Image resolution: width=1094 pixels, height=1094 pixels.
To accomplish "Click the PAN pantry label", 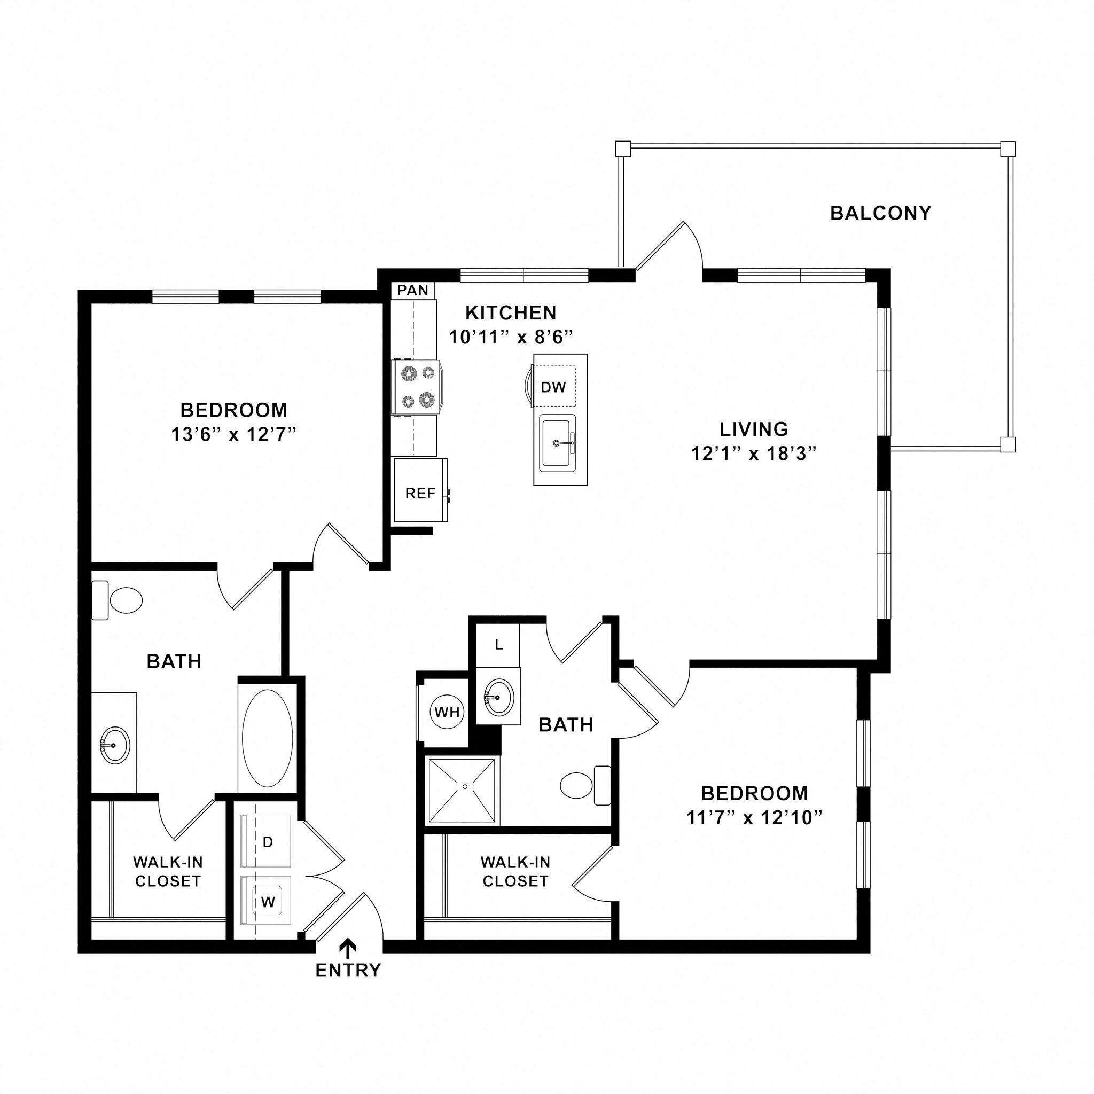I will [x=413, y=291].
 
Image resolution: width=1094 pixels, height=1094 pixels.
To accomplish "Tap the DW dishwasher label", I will [x=553, y=387].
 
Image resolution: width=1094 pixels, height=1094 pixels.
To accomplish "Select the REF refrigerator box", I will [x=420, y=490].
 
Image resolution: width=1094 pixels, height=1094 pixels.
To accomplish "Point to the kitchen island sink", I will [x=558, y=443].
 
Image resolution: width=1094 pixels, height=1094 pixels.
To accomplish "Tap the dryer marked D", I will [x=267, y=841].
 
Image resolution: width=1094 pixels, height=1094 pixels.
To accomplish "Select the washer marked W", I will [x=267, y=903].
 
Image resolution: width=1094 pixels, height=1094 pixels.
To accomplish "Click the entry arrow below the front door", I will [x=348, y=947].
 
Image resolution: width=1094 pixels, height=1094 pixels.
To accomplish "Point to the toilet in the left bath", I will [x=125, y=600].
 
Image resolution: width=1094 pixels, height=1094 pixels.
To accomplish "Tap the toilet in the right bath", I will [x=577, y=785].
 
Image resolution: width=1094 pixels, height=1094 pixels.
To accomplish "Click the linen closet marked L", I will [x=498, y=644].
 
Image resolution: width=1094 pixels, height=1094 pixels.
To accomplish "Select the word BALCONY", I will [x=880, y=213].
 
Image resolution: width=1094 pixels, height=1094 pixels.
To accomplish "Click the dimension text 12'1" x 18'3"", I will [x=754, y=454].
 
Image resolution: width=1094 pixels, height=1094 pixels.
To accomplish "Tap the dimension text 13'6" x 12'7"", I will [x=234, y=434].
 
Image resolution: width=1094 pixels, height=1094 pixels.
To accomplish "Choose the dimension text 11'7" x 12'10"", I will [x=754, y=818].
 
